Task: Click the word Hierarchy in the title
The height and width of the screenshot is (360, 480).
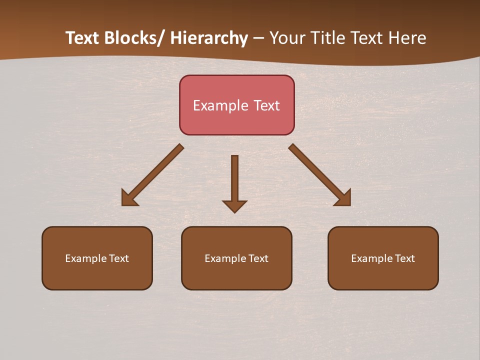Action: (x=208, y=38)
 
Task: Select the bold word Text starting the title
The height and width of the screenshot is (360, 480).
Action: (x=82, y=38)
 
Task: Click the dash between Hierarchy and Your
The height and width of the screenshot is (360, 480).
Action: (x=258, y=39)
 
